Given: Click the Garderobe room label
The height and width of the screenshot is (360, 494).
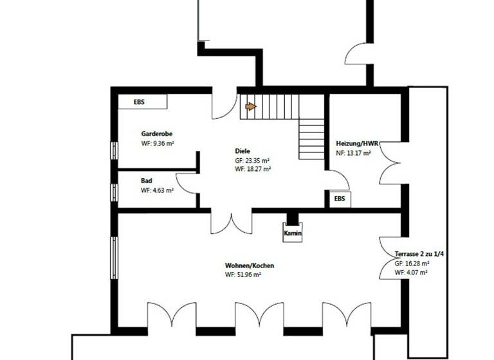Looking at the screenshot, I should [x=156, y=134].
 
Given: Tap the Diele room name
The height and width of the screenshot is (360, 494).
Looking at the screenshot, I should [x=242, y=151].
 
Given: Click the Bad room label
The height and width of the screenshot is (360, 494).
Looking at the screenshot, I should [x=147, y=181].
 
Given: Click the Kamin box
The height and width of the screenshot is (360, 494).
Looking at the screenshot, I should [x=292, y=233].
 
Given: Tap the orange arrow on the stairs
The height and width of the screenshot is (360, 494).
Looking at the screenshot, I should [x=251, y=107].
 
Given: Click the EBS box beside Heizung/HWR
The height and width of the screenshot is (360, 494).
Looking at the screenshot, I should [x=339, y=199].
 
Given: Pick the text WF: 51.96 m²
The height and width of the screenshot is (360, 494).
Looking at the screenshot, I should [x=242, y=274].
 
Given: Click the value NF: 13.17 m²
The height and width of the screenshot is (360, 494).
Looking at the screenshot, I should [x=353, y=153].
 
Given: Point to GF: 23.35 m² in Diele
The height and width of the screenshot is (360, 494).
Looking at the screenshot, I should [x=252, y=160].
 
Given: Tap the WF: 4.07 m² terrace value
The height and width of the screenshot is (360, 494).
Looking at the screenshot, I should [x=412, y=272].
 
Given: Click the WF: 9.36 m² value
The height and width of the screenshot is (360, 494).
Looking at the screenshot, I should [x=158, y=143].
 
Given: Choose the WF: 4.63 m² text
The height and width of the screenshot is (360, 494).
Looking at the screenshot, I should [x=158, y=190].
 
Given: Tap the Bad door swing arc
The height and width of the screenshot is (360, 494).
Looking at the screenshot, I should [x=187, y=183].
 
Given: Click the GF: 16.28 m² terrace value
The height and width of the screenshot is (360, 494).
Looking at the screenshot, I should [x=412, y=264].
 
